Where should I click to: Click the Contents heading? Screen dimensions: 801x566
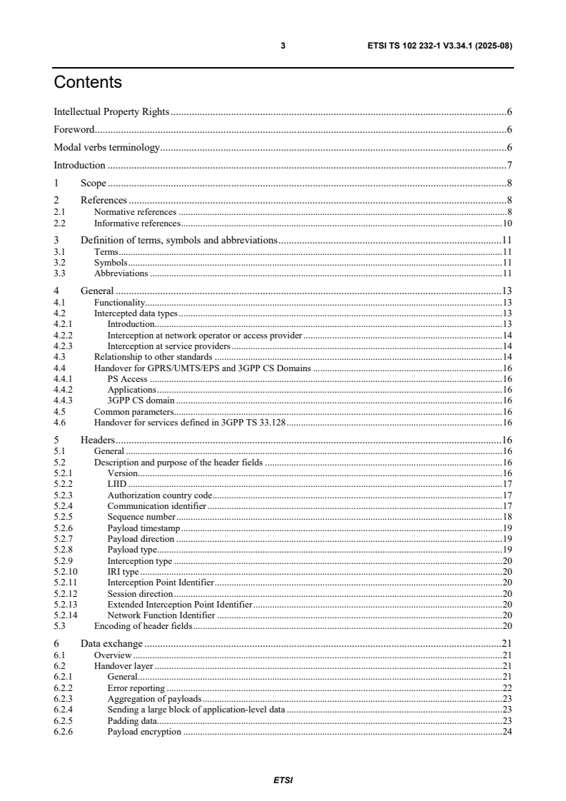(x=88, y=83)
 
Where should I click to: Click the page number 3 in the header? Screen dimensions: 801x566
(x=283, y=46)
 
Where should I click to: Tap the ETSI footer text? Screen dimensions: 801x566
(x=283, y=780)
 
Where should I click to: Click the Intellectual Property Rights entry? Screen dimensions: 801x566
(x=111, y=111)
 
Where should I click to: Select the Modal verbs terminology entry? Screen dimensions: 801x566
(x=106, y=148)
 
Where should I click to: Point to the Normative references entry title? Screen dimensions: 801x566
(x=135, y=212)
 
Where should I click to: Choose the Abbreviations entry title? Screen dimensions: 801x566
(x=121, y=273)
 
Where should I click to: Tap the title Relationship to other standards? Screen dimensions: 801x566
(x=153, y=356)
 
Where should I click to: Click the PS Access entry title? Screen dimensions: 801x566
(x=128, y=379)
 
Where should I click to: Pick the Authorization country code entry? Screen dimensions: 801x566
(x=160, y=495)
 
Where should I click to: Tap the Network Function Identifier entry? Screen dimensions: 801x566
(x=161, y=615)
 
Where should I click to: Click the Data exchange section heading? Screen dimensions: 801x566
(x=111, y=643)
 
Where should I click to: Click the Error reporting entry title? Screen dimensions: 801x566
(x=136, y=687)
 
